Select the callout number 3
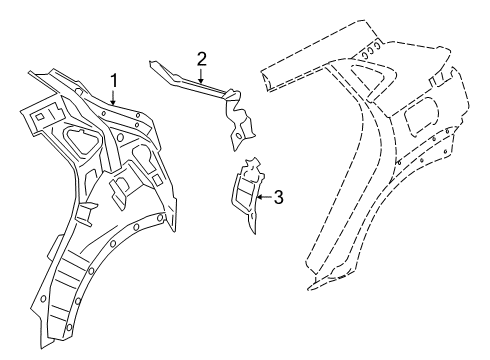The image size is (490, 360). pos(279,198)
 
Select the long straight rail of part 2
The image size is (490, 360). pos(185,81)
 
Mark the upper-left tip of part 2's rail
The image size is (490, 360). pos(152,63)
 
